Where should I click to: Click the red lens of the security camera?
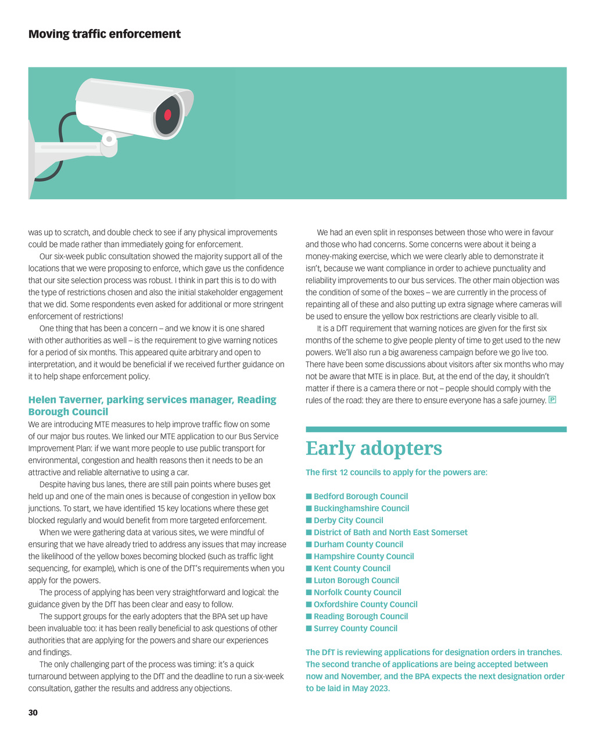click(167, 115)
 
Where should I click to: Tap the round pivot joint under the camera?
click(109, 139)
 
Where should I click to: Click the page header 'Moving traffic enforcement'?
click(105, 34)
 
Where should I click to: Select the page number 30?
click(33, 713)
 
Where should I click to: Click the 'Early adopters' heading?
click(374, 449)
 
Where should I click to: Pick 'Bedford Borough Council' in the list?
click(360, 496)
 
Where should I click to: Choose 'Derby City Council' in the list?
click(348, 520)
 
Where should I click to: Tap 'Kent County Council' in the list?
click(352, 568)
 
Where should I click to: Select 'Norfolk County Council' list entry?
click(357, 592)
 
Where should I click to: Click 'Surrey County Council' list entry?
click(355, 628)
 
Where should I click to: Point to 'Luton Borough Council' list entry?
click(356, 580)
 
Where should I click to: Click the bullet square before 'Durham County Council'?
click(309, 545)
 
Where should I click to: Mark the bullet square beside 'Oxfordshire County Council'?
click(309, 604)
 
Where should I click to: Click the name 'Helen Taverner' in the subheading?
click(64, 400)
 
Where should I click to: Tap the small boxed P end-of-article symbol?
click(553, 400)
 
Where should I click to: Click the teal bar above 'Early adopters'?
click(436, 430)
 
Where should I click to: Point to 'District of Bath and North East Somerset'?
click(390, 532)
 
